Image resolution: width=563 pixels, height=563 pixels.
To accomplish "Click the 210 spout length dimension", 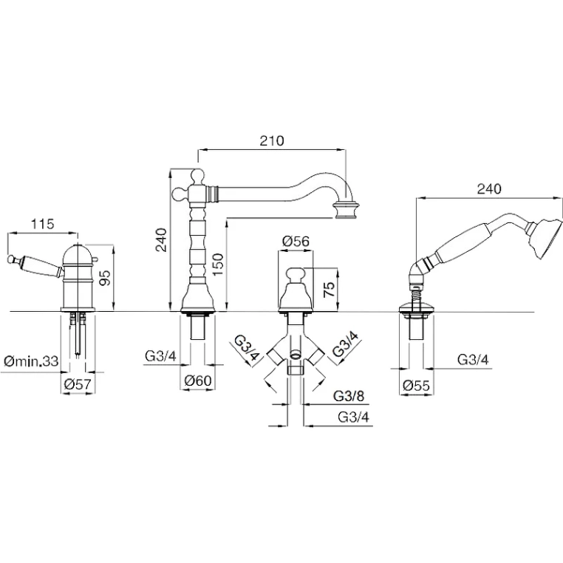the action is [x=272, y=140].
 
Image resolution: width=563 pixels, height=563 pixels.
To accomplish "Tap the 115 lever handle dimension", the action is [x=42, y=224].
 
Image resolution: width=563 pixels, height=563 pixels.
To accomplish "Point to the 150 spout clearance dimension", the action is [x=217, y=264].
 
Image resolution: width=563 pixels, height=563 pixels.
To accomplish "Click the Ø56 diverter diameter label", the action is [x=296, y=241].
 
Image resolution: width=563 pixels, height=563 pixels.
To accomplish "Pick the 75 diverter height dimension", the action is [x=330, y=288].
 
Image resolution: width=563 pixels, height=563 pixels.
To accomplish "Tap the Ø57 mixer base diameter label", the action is [x=78, y=384].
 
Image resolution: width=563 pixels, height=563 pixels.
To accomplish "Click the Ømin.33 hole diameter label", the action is [x=31, y=361].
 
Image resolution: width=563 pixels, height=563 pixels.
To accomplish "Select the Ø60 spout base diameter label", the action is [x=198, y=381].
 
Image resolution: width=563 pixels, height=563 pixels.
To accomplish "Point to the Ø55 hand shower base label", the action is [x=416, y=386].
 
